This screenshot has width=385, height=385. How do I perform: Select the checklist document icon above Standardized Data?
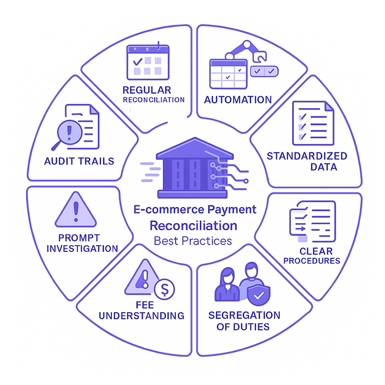click(313, 123)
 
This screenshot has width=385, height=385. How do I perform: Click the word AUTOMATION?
click(238, 100)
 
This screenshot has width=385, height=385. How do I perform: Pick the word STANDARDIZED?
click(307, 156)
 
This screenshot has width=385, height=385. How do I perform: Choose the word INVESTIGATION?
click(82, 248)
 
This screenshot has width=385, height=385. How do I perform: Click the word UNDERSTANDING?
click(142, 316)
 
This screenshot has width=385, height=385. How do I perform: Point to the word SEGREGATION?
click(244, 316)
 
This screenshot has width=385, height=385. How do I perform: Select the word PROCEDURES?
click(311, 261)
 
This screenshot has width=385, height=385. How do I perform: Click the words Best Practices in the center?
click(193, 241)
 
